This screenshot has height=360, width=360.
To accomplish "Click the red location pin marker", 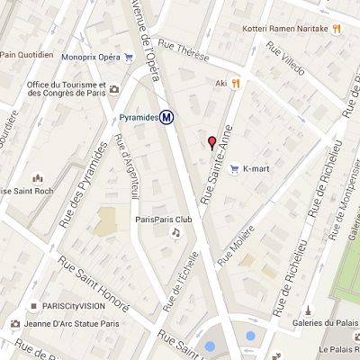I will (x=212, y=142).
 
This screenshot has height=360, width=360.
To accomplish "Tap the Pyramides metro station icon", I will (x=167, y=117).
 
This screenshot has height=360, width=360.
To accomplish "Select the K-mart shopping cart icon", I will (x=234, y=168).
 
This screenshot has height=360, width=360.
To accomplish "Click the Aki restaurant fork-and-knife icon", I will (x=235, y=83).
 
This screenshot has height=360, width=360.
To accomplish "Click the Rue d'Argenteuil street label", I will (x=126, y=167).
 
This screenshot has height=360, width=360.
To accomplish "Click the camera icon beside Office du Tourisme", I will (x=114, y=88).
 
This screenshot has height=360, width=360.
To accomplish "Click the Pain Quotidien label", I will (x=26, y=54).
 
